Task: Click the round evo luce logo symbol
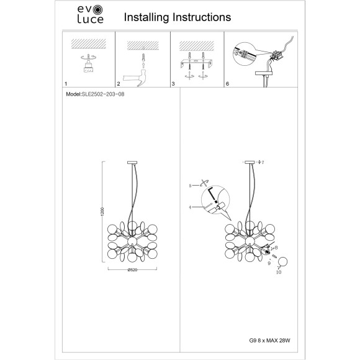tap(98, 10)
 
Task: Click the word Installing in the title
tap(146, 17)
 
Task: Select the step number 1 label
tap(66, 84)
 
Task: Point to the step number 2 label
tap(119, 84)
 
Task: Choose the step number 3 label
tap(173, 84)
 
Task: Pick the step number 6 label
tap(227, 84)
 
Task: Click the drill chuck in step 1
tap(88, 67)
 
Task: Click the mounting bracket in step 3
tap(196, 63)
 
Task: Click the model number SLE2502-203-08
tap(103, 94)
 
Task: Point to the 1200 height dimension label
tap(102, 212)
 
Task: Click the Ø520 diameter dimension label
tap(132, 270)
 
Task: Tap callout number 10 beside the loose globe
tap(279, 272)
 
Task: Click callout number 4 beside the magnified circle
tap(190, 207)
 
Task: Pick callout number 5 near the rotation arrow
tap(190, 186)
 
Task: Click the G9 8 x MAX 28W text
tap(269, 340)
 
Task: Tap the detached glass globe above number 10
tap(282, 262)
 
